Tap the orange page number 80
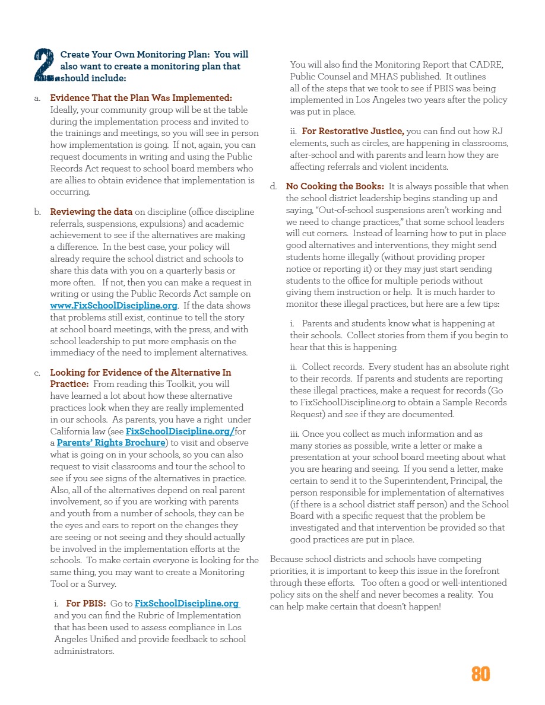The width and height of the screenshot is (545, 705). click(x=480, y=674)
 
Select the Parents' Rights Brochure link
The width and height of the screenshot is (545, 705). click(x=110, y=443)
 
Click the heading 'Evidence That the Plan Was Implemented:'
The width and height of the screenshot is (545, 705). click(x=141, y=98)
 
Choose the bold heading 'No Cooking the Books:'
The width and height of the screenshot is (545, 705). click(x=335, y=186)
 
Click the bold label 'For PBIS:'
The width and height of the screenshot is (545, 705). click(x=86, y=604)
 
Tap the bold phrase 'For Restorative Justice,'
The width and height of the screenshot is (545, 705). click(x=353, y=131)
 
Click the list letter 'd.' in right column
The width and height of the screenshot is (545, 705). click(x=274, y=186)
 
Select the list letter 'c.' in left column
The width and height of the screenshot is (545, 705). click(x=37, y=373)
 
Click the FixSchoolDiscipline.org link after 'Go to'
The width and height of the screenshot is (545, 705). click(x=186, y=604)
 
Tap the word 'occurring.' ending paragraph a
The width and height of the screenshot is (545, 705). click(x=70, y=192)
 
